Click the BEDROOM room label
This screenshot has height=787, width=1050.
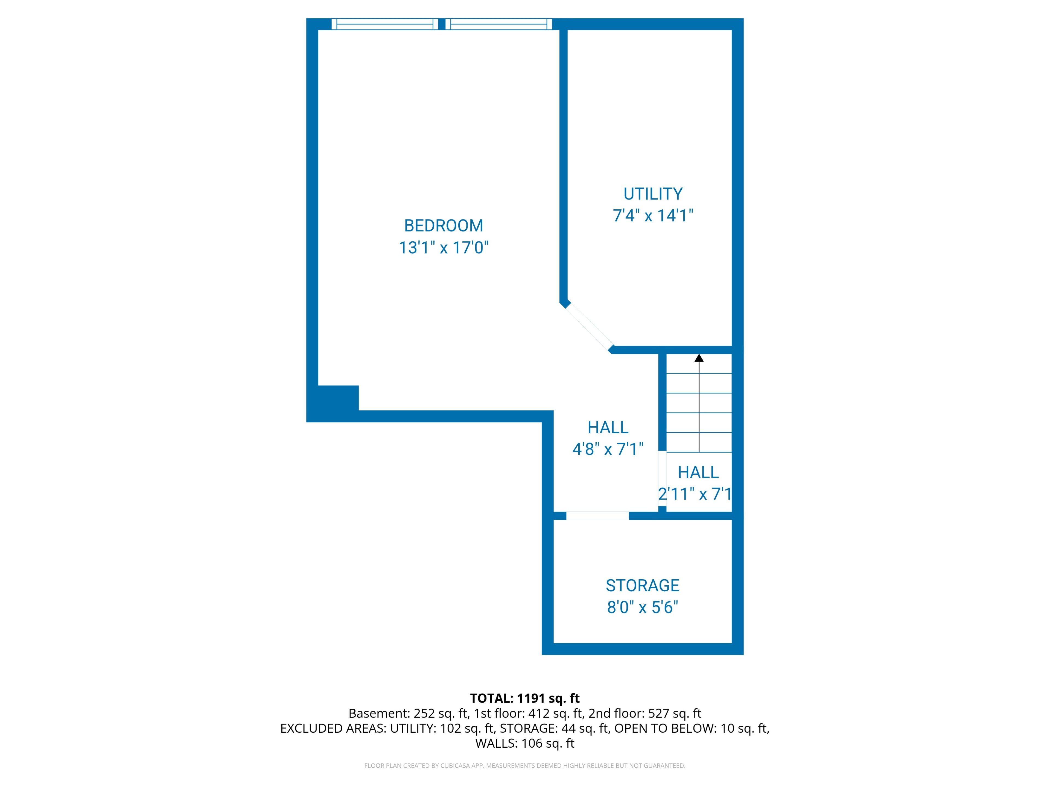pos(443,225)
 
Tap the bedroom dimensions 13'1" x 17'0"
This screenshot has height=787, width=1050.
pos(443,248)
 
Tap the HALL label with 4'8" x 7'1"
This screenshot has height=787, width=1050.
pos(608,427)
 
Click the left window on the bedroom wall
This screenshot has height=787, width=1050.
pos(384,24)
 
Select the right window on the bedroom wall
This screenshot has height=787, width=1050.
pos(498,24)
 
